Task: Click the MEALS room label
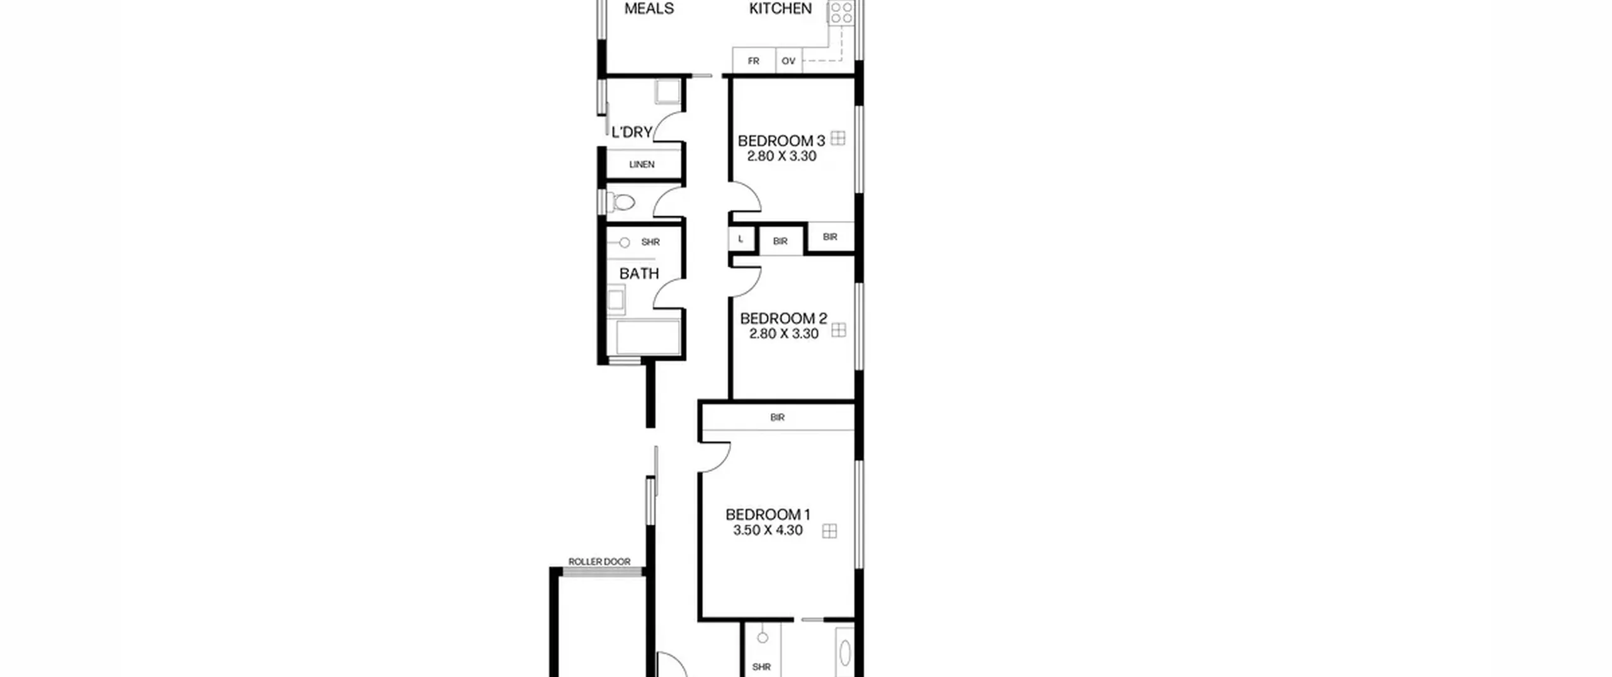point(649,9)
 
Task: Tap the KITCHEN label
point(780,9)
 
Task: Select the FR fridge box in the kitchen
point(754,61)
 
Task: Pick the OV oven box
point(788,61)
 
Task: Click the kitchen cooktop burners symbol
point(841,11)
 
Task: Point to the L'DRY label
point(632,132)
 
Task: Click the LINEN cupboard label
point(642,164)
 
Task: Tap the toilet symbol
point(620,202)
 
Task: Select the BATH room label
point(639,273)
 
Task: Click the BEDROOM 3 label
point(781,140)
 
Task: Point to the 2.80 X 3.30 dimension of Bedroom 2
point(783,334)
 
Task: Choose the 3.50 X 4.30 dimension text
point(768,530)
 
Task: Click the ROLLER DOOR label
point(599,562)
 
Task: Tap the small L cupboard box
point(741,239)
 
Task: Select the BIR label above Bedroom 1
point(777,418)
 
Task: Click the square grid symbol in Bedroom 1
point(830,532)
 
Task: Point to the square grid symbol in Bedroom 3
point(837,139)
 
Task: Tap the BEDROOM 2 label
point(783,319)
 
